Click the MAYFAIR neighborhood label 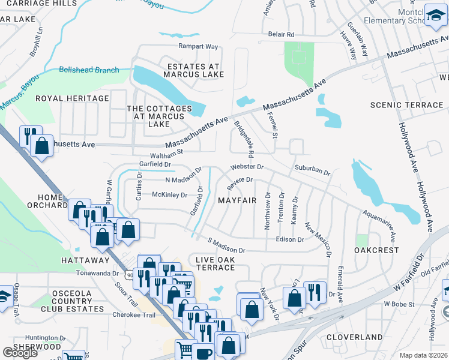(x=237, y=200)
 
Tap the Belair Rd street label (x=282, y=35)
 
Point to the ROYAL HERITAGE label (x=72, y=98)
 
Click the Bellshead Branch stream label (x=89, y=70)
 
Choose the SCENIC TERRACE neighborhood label (x=407, y=106)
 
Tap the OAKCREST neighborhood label (x=376, y=250)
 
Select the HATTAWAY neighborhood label (x=84, y=260)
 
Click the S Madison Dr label (x=227, y=245)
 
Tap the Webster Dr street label (x=246, y=166)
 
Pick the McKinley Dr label (x=170, y=195)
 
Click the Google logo (x=20, y=353)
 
